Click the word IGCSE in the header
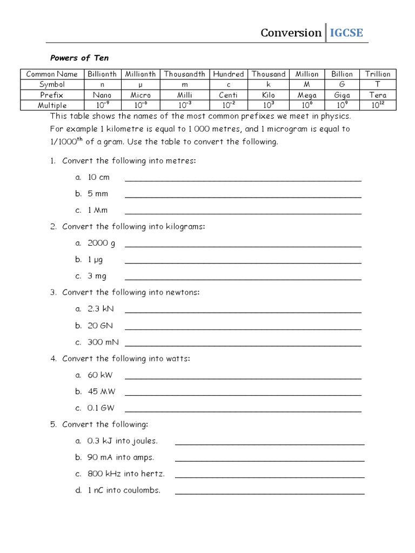point(346,33)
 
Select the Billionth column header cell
point(102,74)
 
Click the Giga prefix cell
point(342,95)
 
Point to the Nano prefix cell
point(102,95)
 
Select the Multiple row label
point(52,105)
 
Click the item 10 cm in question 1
point(98,177)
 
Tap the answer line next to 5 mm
point(243,197)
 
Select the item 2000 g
point(101,243)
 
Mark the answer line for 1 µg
point(243,262)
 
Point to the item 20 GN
point(100,326)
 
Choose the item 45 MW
point(101,392)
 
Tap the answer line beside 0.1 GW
point(243,411)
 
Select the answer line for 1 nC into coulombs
point(270,493)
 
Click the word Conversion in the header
point(291,33)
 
